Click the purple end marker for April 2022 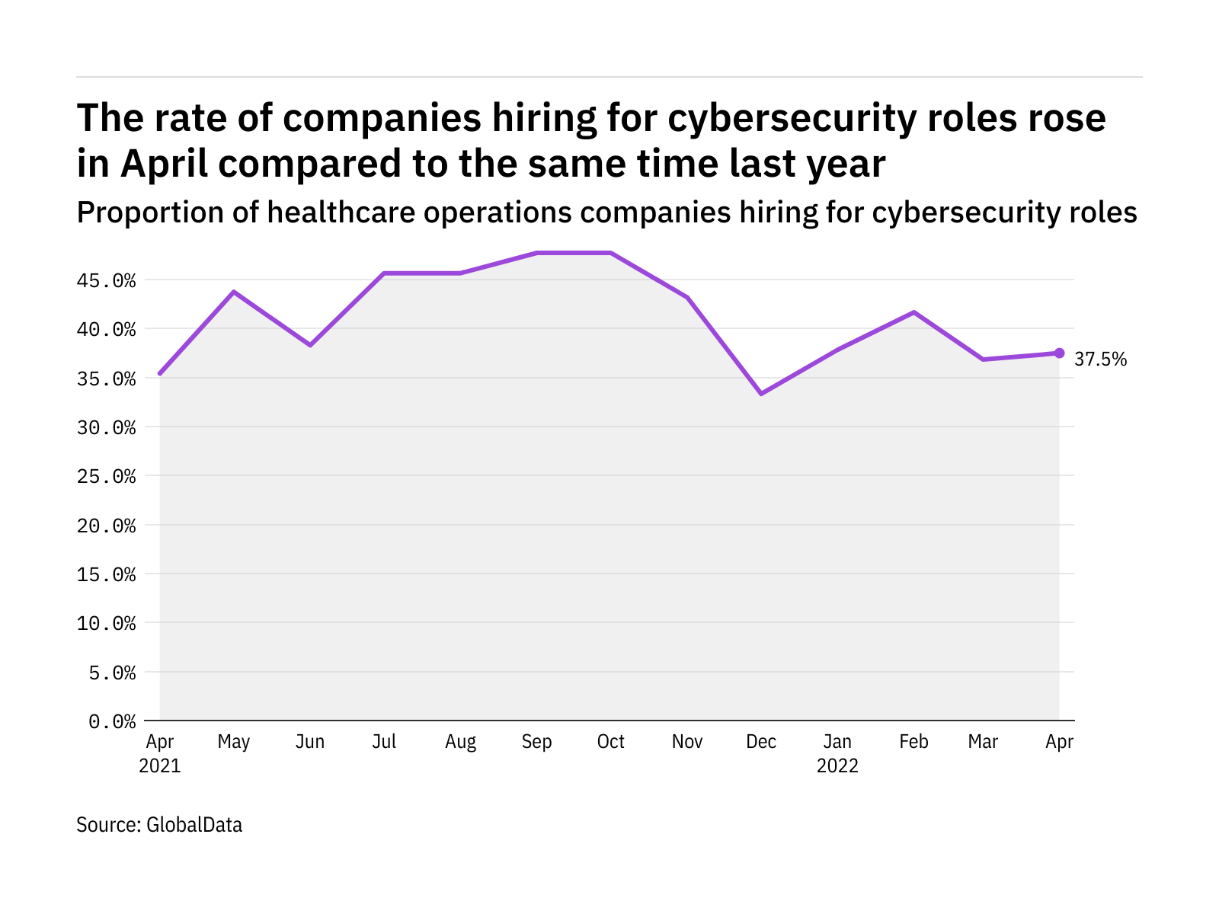pyautogui.click(x=1059, y=353)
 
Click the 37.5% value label pyautogui.click(x=1100, y=360)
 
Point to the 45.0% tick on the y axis pyautogui.click(x=106, y=281)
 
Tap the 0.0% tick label pyautogui.click(x=112, y=721)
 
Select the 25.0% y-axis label pyautogui.click(x=106, y=477)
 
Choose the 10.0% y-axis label pyautogui.click(x=106, y=624)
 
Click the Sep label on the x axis pyautogui.click(x=536, y=742)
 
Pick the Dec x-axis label pyautogui.click(x=761, y=742)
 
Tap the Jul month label pyautogui.click(x=384, y=742)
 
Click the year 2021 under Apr pyautogui.click(x=160, y=765)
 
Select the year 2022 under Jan pyautogui.click(x=837, y=765)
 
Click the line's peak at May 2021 pyautogui.click(x=234, y=292)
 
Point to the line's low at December pyautogui.click(x=761, y=394)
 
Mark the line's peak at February pyautogui.click(x=913, y=312)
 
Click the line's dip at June pyautogui.click(x=310, y=345)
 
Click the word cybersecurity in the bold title pyautogui.click(x=792, y=119)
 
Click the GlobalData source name pyautogui.click(x=194, y=825)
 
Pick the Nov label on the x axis pyautogui.click(x=687, y=742)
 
